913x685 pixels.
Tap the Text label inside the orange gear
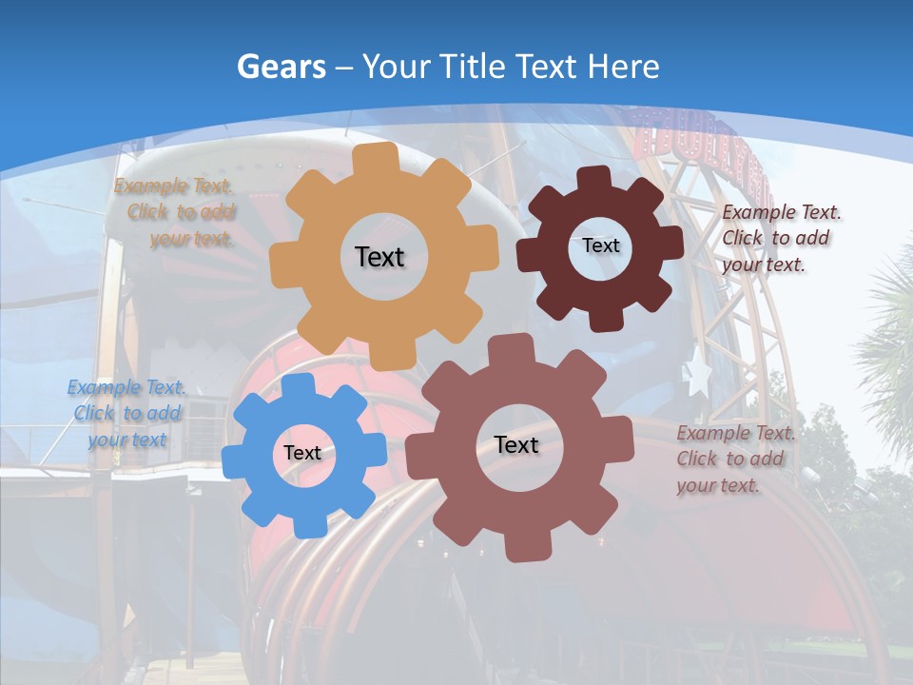(x=379, y=257)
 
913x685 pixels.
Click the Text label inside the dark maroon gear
(x=600, y=245)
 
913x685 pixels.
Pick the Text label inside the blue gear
(x=302, y=453)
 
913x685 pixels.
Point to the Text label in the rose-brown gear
(x=516, y=444)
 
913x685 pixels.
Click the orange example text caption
(x=175, y=212)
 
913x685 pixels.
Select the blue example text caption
(x=127, y=413)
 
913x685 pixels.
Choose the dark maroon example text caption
(x=780, y=238)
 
